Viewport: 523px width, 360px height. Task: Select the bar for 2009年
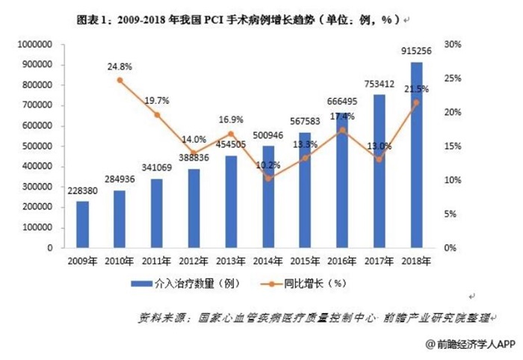[82, 224]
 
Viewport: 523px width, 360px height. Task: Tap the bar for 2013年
[231, 202]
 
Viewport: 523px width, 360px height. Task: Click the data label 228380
[82, 191]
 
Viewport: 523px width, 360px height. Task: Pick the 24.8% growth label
[120, 66]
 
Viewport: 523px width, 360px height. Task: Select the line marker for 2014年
[268, 179]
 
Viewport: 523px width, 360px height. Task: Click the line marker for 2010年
[120, 80]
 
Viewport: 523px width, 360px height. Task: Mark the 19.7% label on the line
[157, 101]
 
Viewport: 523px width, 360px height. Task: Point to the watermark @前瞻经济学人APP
[471, 344]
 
